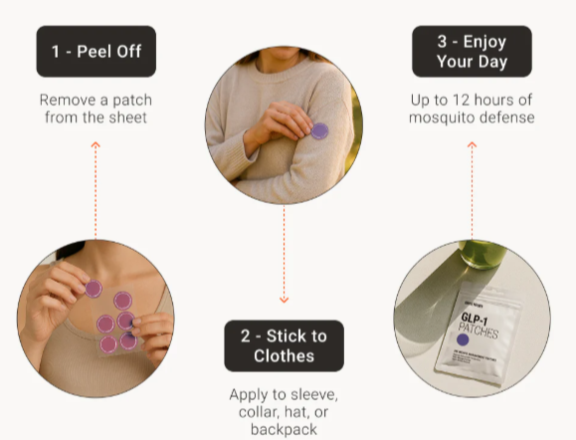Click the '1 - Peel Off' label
coord(96,52)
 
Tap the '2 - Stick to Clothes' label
coord(284,345)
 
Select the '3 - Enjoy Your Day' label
coord(472,52)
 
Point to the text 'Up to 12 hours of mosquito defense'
coord(472,109)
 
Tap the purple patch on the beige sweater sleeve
coord(319,129)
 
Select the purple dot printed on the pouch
coord(464,340)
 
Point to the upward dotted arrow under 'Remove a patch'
coord(96,189)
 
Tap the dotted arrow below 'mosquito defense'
coord(472,189)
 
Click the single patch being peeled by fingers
coord(94,289)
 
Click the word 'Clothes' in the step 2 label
coord(284,355)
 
